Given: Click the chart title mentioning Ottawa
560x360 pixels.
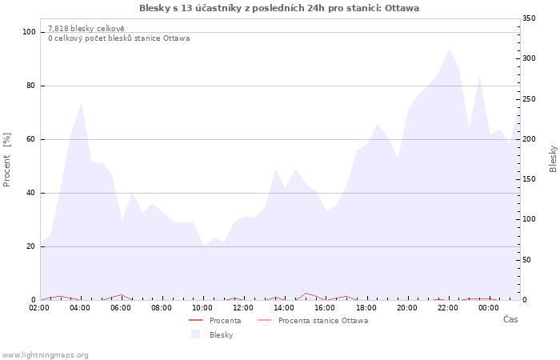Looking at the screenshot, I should point(279,8).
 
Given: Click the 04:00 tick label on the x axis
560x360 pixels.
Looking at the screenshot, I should point(81,308).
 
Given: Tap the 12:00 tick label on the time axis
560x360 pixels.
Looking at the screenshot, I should point(243,308).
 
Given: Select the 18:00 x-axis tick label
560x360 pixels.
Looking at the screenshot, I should point(366,308).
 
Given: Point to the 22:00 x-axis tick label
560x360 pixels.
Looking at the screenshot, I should point(448,308).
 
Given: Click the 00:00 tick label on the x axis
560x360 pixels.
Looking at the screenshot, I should point(489,308).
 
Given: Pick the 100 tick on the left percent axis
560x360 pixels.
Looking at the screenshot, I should point(30,32).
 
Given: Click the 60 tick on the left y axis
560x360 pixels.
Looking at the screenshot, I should point(32,139).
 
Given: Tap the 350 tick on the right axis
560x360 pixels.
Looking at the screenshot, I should point(530,18).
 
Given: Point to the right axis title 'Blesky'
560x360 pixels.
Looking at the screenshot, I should point(553,158).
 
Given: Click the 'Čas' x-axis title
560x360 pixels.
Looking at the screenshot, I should point(510,320).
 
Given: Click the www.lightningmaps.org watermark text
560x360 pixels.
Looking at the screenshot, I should point(45,355).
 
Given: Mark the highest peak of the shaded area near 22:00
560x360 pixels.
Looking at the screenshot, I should point(450,50).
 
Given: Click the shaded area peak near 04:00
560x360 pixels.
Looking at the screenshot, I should point(82,103).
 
